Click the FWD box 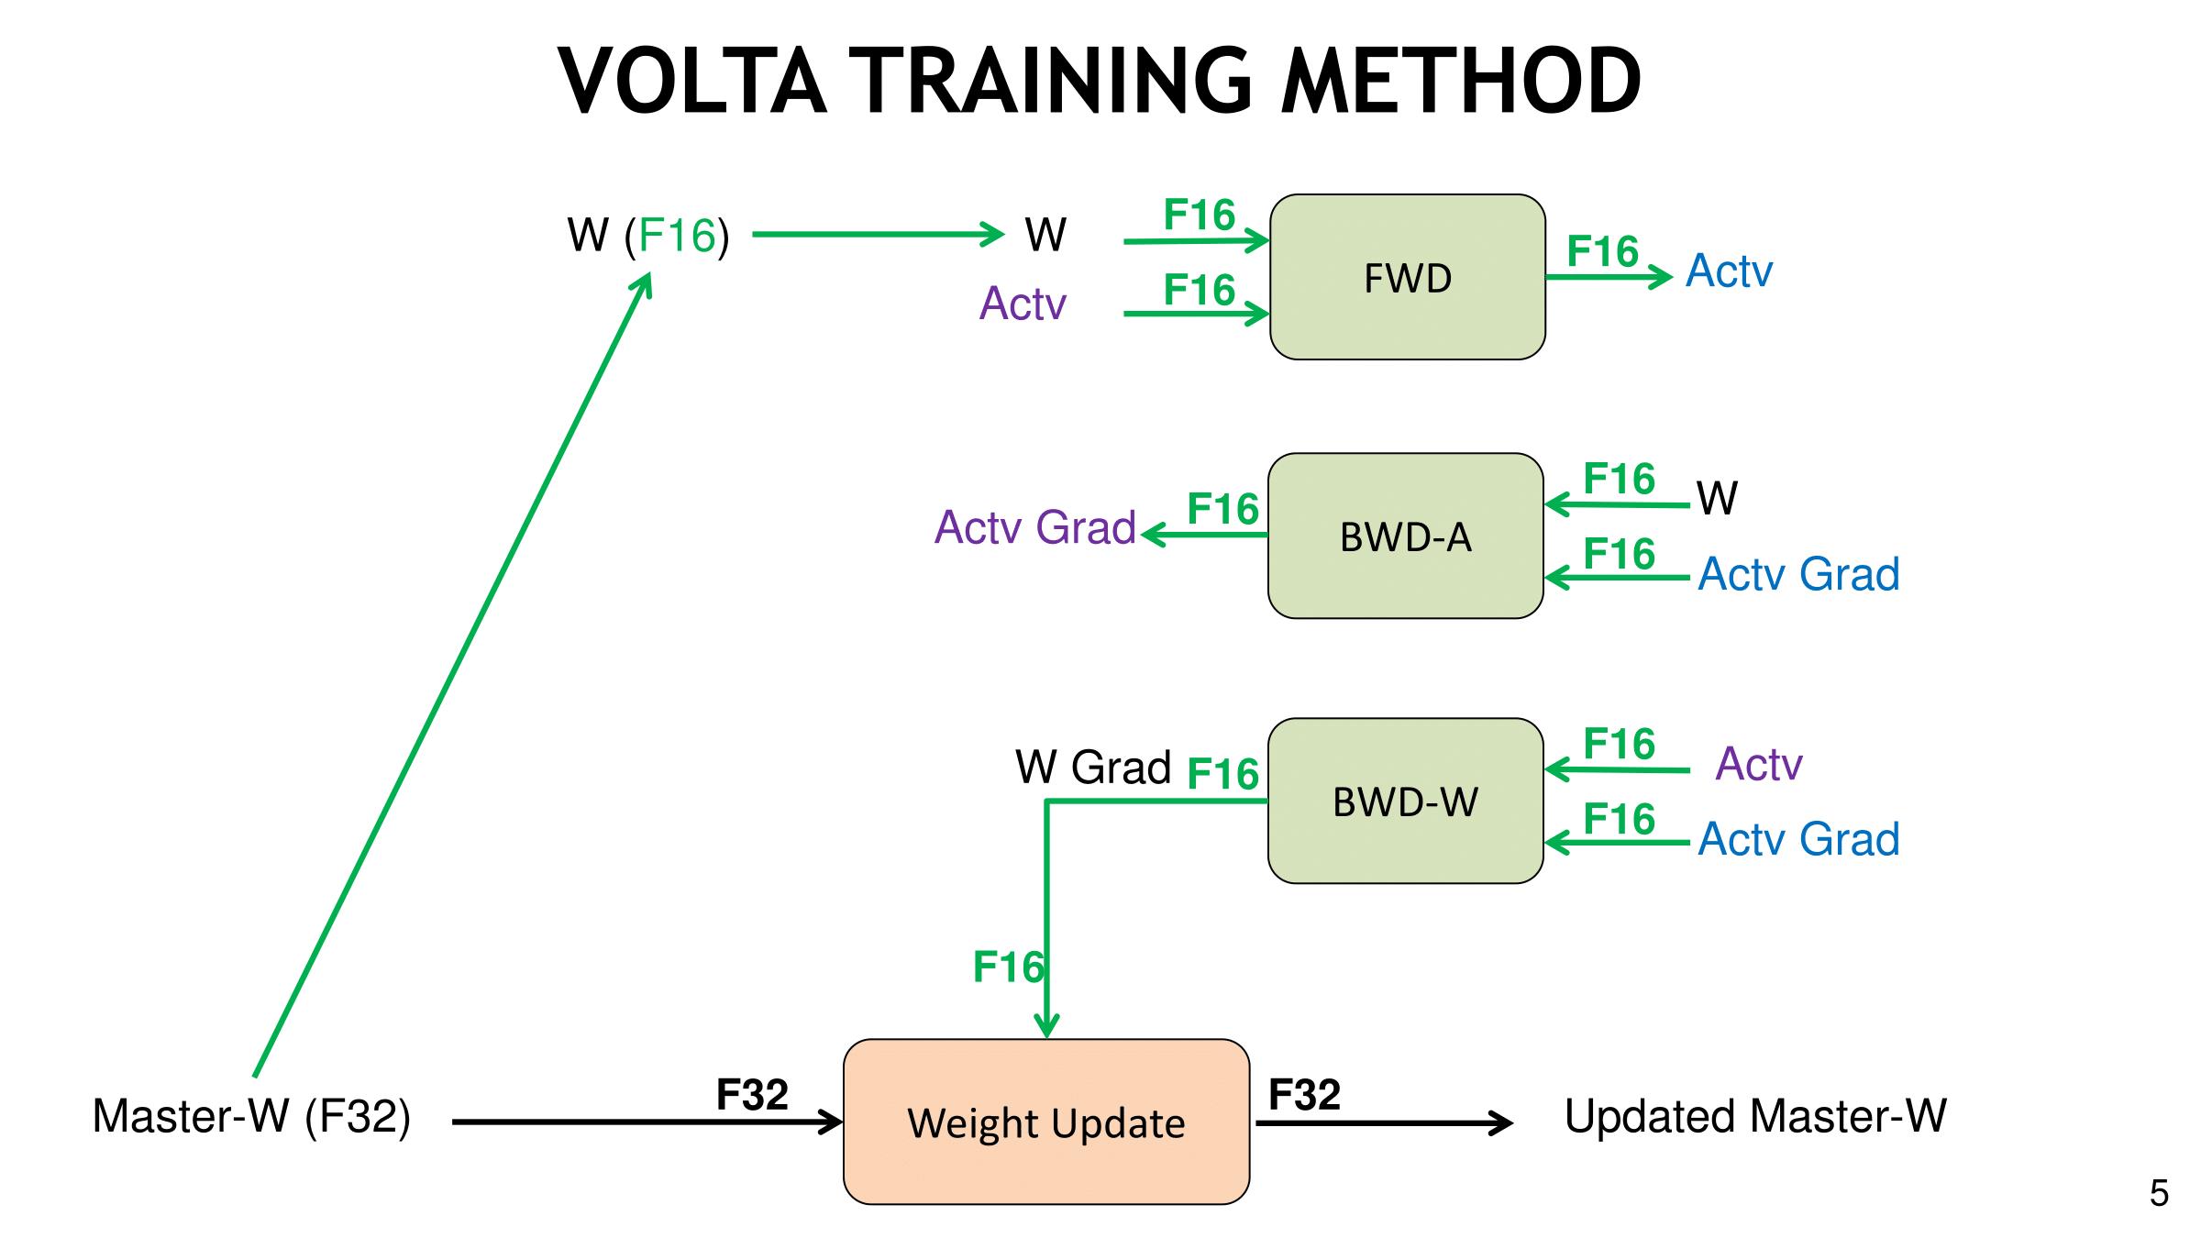click(x=1407, y=277)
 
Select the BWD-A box click(x=1405, y=536)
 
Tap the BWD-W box click(x=1405, y=801)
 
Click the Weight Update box click(x=1045, y=1122)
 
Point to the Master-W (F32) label click(x=251, y=1116)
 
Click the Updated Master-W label click(x=1754, y=1116)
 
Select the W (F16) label click(x=648, y=236)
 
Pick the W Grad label click(x=1092, y=767)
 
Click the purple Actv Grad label click(x=1034, y=527)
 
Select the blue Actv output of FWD click(x=1729, y=271)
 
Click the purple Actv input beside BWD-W click(x=1758, y=763)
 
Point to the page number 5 click(x=2159, y=1193)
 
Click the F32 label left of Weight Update click(x=752, y=1094)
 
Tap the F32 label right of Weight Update click(x=1304, y=1094)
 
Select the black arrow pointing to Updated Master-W click(x=1385, y=1122)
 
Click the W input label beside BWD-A click(x=1717, y=499)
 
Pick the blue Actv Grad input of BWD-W click(x=1798, y=839)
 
